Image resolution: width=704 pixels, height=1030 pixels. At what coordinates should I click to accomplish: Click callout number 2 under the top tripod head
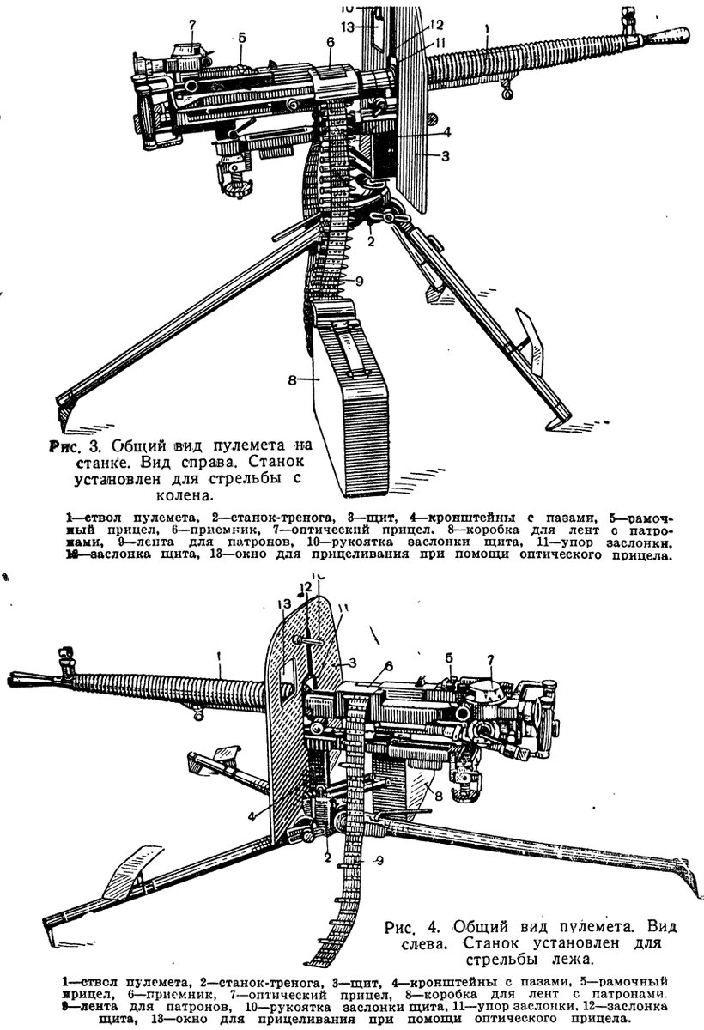371,242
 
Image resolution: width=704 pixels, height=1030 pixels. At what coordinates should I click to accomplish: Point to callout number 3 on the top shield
445,156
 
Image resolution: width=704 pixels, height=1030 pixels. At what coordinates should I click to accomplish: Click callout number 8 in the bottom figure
438,796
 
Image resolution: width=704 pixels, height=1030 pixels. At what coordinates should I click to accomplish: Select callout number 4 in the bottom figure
252,815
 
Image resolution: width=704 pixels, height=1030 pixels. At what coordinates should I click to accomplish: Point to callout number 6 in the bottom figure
389,665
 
